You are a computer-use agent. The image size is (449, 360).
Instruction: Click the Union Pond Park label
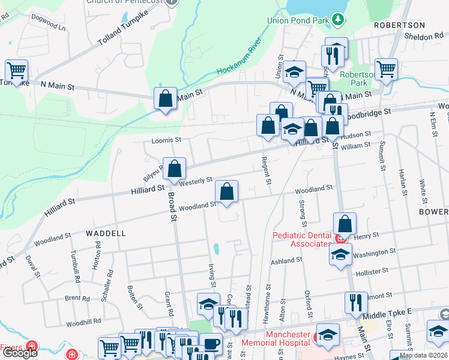[300, 20]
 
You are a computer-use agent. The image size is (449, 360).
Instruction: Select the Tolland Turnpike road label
[123, 35]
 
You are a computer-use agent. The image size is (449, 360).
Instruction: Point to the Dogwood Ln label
[50, 26]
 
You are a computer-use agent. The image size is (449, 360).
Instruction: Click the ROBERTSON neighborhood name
[399, 25]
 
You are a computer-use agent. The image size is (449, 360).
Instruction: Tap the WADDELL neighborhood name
[106, 233]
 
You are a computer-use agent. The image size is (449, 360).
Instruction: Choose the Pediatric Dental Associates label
[301, 239]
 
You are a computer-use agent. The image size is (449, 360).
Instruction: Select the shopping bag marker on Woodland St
[227, 193]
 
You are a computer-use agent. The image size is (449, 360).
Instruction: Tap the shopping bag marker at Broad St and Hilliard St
[174, 170]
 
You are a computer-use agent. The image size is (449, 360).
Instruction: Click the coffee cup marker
[211, 344]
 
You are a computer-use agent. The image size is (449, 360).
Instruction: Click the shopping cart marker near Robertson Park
[386, 69]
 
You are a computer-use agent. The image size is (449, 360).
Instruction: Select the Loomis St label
[166, 140]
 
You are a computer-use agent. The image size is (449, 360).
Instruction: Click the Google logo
[20, 353]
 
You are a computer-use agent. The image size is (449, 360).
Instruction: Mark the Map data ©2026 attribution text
[423, 355]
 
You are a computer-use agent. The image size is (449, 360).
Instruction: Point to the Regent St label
[265, 170]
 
